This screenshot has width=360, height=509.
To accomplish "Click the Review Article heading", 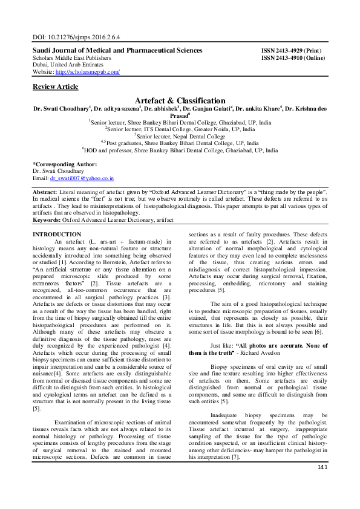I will click(55, 86).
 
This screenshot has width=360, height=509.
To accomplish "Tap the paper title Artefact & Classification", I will click(180, 100).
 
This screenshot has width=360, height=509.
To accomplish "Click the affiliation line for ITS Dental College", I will click(180, 129).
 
